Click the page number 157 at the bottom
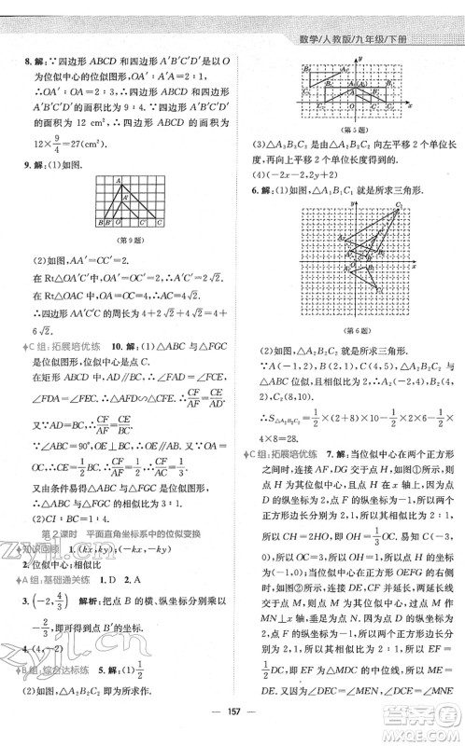click(232, 731)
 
